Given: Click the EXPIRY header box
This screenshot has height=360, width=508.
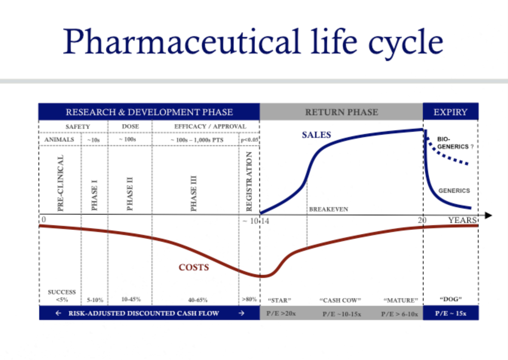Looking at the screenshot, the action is click(451, 111).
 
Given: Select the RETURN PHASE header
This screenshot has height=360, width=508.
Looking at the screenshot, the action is click(341, 112).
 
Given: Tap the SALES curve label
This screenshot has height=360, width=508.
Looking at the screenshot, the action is click(316, 135).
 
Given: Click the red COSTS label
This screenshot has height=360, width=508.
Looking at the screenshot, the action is click(194, 267).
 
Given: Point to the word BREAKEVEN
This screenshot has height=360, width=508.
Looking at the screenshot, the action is click(329, 209).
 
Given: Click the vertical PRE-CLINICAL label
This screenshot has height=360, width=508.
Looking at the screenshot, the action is click(60, 183).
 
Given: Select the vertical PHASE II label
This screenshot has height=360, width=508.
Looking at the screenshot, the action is click(130, 194).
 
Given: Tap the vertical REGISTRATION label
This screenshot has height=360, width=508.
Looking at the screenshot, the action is click(249, 182).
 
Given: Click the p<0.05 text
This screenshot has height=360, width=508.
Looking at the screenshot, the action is click(249, 140).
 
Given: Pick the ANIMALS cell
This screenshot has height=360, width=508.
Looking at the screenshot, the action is click(59, 139).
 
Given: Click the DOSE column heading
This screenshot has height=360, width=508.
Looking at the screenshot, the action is click(130, 127).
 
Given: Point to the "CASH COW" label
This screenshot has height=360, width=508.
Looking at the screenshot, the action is click(340, 300).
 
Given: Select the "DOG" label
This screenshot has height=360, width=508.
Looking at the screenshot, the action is click(451, 299).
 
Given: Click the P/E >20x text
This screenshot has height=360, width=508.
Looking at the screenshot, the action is click(281, 313).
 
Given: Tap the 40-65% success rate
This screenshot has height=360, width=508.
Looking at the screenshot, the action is click(198, 300).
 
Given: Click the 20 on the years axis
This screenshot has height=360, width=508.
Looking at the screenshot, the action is click(422, 220).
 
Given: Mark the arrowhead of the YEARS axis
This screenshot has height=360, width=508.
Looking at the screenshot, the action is click(488, 215).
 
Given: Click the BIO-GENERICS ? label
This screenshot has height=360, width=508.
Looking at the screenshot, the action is click(455, 143).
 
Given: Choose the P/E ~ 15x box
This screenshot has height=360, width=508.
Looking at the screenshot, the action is click(451, 313).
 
